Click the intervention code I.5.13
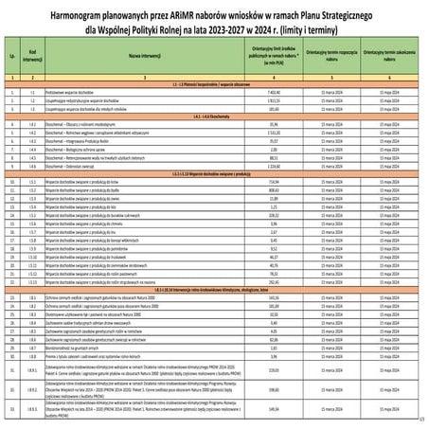pyautogui.click(x=31, y=280)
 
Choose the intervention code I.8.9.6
pyautogui.click(x=31, y=410)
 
